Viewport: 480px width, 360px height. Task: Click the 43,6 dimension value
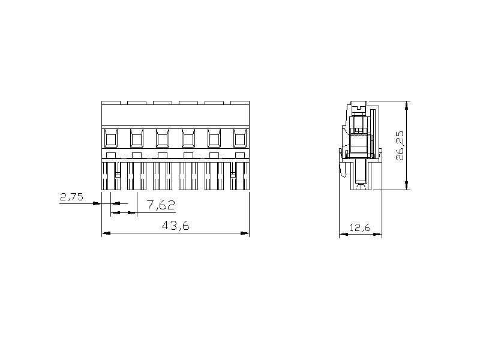pos(175,226)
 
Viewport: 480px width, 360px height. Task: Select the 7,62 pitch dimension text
pos(161,205)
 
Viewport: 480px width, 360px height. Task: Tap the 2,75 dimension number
pos(71,197)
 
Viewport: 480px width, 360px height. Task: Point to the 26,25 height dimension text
pos(400,146)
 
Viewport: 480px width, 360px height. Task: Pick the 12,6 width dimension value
pos(360,227)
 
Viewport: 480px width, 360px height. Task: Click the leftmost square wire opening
pos(111,138)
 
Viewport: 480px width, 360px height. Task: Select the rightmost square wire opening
pos(239,138)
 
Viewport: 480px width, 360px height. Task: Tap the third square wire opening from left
pos(162,138)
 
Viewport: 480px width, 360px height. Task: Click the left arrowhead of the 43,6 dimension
pos(106,233)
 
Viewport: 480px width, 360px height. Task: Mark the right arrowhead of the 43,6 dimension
pos(245,233)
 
